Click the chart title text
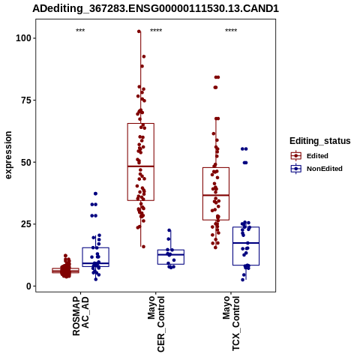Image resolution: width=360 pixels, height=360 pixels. tap(155, 9)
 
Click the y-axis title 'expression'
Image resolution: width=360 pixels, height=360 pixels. tap(8, 155)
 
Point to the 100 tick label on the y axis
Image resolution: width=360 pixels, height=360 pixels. tap(23, 38)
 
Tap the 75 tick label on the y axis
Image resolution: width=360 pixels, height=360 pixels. tap(26, 100)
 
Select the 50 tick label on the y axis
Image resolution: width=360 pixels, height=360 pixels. tap(26, 162)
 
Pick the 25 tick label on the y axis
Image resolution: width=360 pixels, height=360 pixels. tap(26, 224)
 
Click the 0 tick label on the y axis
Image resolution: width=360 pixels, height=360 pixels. tap(28, 286)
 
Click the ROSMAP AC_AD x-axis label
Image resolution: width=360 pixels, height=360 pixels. tap(80, 316)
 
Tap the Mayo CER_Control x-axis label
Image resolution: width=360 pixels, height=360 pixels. tap(156, 324)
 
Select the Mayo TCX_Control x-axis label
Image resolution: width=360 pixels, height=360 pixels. tap(231, 323)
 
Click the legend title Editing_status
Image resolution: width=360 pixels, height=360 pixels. tap(320, 141)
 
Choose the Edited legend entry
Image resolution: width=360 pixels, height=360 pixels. tap(310, 156)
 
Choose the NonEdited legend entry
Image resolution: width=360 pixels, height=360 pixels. tap(316, 169)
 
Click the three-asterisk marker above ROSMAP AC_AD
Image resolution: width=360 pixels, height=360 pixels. tap(80, 31)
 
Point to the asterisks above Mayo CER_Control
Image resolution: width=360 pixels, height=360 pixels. tap(156, 31)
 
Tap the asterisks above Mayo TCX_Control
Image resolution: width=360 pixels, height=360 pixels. tap(231, 31)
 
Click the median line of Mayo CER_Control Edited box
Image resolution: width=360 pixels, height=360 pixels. tap(141, 166)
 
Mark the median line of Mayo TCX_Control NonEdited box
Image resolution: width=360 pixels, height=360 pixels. tap(246, 243)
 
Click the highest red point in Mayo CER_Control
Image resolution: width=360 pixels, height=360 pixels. tap(139, 31)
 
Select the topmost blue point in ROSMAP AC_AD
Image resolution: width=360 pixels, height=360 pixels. tap(95, 193)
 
